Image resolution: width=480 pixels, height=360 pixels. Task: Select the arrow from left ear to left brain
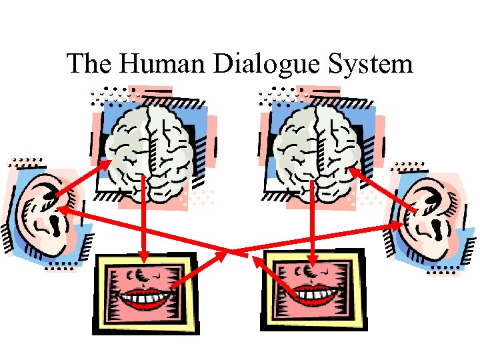83,179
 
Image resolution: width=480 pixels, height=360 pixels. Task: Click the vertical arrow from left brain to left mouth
144,220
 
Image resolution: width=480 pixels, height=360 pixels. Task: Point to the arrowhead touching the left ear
66,211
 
